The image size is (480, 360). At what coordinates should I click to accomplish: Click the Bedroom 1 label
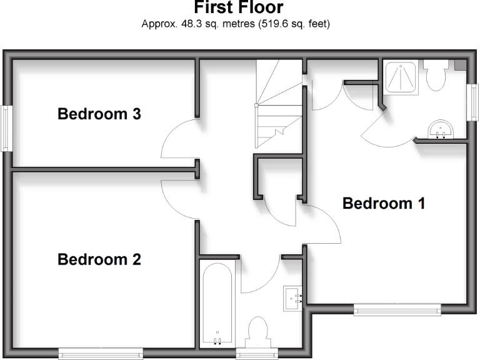pos(384,203)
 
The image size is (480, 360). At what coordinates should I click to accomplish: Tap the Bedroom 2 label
pos(99,259)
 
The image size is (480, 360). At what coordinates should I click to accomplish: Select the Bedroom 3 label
pos(99,114)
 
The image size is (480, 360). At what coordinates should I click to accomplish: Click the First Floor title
pos(238,8)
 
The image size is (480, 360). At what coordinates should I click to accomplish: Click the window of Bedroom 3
pos(6,128)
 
